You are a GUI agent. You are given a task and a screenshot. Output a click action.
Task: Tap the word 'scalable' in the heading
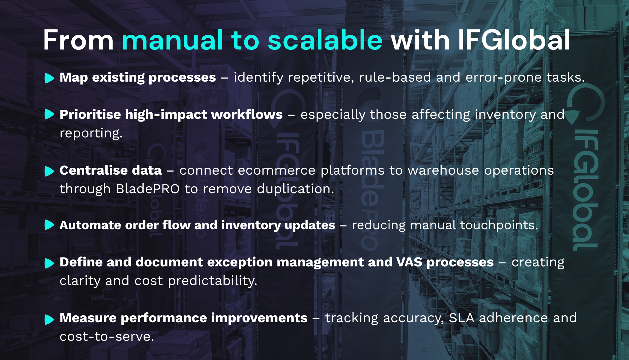click(325, 40)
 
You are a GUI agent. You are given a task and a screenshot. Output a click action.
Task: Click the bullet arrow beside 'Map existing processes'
click(49, 78)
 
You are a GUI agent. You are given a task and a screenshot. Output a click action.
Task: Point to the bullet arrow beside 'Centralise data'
click(49, 171)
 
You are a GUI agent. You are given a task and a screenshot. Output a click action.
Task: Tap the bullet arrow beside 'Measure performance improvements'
click(49, 319)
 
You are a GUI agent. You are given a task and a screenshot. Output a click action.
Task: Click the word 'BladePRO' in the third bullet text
click(148, 189)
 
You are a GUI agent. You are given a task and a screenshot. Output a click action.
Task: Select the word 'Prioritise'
click(90, 115)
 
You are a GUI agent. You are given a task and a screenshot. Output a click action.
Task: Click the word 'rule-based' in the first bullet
click(395, 77)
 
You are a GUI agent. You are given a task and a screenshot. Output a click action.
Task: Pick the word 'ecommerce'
click(277, 170)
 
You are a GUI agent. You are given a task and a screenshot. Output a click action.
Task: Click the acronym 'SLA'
click(461, 318)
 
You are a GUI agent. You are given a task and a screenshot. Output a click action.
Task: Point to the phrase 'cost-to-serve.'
click(107, 337)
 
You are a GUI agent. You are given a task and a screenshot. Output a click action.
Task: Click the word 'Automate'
click(90, 225)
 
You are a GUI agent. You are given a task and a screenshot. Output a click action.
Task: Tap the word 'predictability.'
click(212, 281)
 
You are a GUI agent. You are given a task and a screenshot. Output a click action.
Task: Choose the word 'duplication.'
click(295, 189)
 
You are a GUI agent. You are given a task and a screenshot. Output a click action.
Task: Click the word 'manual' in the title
click(172, 40)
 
